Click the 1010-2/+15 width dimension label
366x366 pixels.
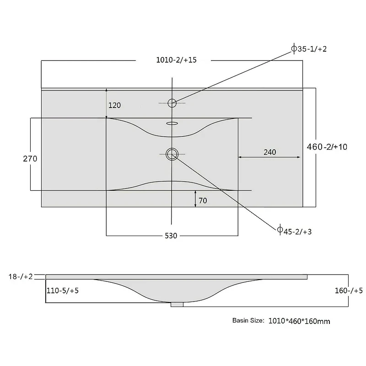[176, 60]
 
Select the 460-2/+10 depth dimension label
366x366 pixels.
[327, 147]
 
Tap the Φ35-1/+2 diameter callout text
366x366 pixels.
[309, 48]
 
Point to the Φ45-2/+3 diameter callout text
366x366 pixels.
[294, 231]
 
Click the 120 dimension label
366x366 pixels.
[115, 105]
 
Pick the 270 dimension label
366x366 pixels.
[30, 159]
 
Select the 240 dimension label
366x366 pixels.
[270, 152]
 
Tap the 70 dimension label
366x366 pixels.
[203, 200]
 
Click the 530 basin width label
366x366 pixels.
[171, 236]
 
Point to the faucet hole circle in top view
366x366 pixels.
[172, 103]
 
